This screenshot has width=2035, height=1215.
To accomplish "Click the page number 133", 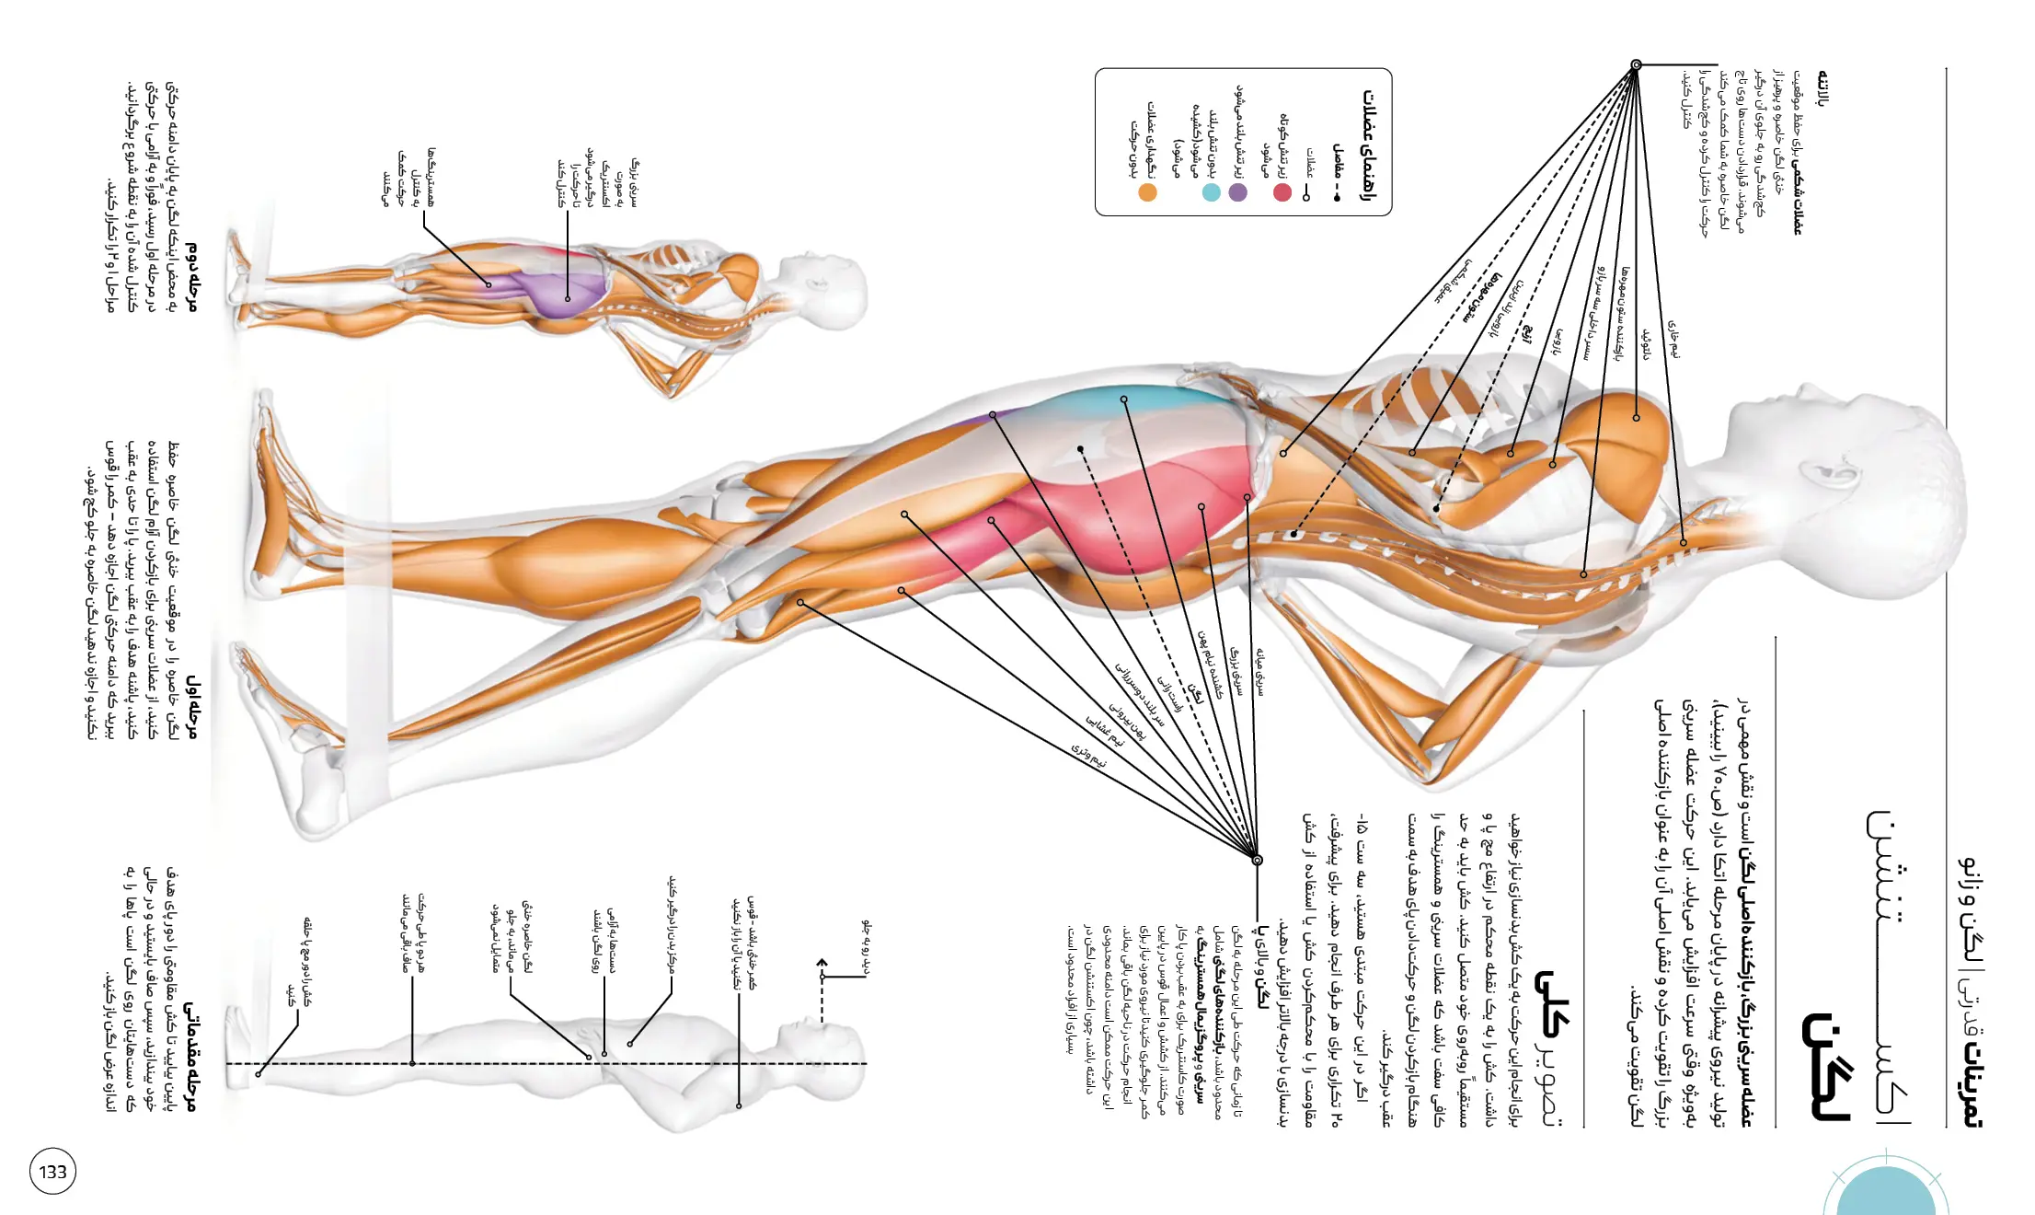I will [x=52, y=1172].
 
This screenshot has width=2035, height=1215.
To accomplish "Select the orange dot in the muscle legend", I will [x=1147, y=192].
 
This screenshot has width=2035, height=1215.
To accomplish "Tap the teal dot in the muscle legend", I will [x=1212, y=192].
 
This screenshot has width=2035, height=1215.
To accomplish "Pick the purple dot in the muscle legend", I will [x=1237, y=192].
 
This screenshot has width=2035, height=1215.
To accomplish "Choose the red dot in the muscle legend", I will [x=1282, y=192].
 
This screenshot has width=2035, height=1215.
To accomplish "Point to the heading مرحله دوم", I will [x=191, y=275].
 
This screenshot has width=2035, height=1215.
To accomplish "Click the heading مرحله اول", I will [x=191, y=705].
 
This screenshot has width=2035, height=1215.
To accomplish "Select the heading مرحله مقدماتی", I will [x=190, y=1056].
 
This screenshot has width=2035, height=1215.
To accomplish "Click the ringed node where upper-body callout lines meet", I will [x=1636, y=65].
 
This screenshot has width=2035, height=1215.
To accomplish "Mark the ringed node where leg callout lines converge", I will [x=1257, y=860].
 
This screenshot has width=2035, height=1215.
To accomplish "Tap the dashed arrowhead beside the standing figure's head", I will [x=822, y=964].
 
